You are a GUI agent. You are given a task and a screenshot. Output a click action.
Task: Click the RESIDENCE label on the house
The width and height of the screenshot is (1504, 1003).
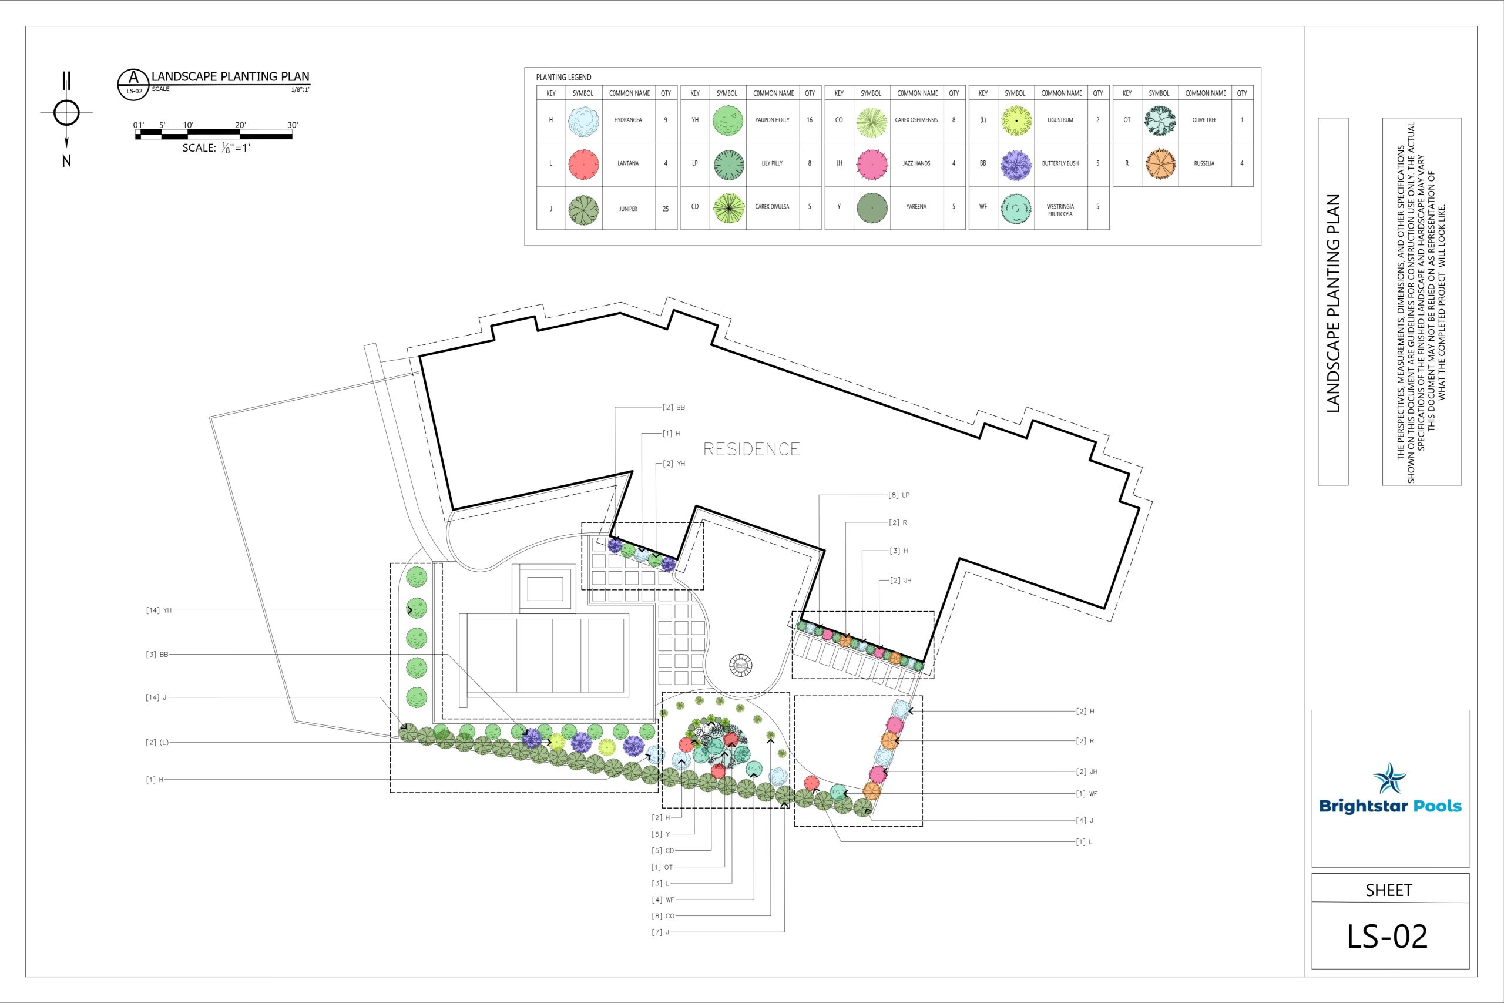(751, 449)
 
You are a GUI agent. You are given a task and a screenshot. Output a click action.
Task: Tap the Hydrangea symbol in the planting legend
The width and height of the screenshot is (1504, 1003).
(583, 120)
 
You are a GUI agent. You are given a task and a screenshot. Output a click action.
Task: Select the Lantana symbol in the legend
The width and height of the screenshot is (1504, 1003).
(583, 164)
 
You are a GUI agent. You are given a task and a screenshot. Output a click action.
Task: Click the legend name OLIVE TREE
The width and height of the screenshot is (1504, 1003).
(1204, 120)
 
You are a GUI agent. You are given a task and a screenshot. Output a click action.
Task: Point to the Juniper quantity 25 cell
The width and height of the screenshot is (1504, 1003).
(666, 209)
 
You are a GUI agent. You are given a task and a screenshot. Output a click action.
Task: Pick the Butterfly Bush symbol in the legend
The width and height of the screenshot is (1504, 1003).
(1015, 165)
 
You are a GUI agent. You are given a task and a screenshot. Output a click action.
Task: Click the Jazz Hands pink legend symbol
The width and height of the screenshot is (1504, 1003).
(872, 164)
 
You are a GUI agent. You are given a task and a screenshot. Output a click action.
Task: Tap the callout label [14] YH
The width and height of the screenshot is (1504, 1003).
(159, 610)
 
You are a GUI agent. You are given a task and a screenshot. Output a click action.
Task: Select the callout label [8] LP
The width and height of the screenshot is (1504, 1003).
(898, 495)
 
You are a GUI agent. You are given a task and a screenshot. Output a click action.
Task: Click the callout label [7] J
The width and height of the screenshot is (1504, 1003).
(660, 932)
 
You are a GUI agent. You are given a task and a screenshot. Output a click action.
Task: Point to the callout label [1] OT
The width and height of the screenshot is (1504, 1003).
(662, 867)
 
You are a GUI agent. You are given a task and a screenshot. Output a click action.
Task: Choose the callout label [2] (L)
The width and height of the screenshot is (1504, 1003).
(157, 743)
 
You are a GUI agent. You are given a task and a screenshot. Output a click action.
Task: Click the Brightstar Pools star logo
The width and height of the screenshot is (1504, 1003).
(1390, 779)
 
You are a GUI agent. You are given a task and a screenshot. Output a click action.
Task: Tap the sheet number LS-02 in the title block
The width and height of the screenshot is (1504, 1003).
(1388, 937)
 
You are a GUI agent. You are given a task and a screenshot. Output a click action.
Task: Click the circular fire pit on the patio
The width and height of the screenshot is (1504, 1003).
(740, 666)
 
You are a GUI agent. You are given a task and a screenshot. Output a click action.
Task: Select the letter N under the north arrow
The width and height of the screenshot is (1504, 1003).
(66, 161)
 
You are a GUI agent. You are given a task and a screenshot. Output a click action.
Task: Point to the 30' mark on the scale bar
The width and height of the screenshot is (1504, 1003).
(292, 125)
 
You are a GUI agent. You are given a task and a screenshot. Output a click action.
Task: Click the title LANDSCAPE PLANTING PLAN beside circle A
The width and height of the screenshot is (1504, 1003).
(230, 76)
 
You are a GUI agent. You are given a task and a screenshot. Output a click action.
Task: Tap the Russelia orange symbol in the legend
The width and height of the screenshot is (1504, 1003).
(1160, 164)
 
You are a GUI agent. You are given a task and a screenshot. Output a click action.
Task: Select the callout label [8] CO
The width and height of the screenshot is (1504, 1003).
(663, 916)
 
